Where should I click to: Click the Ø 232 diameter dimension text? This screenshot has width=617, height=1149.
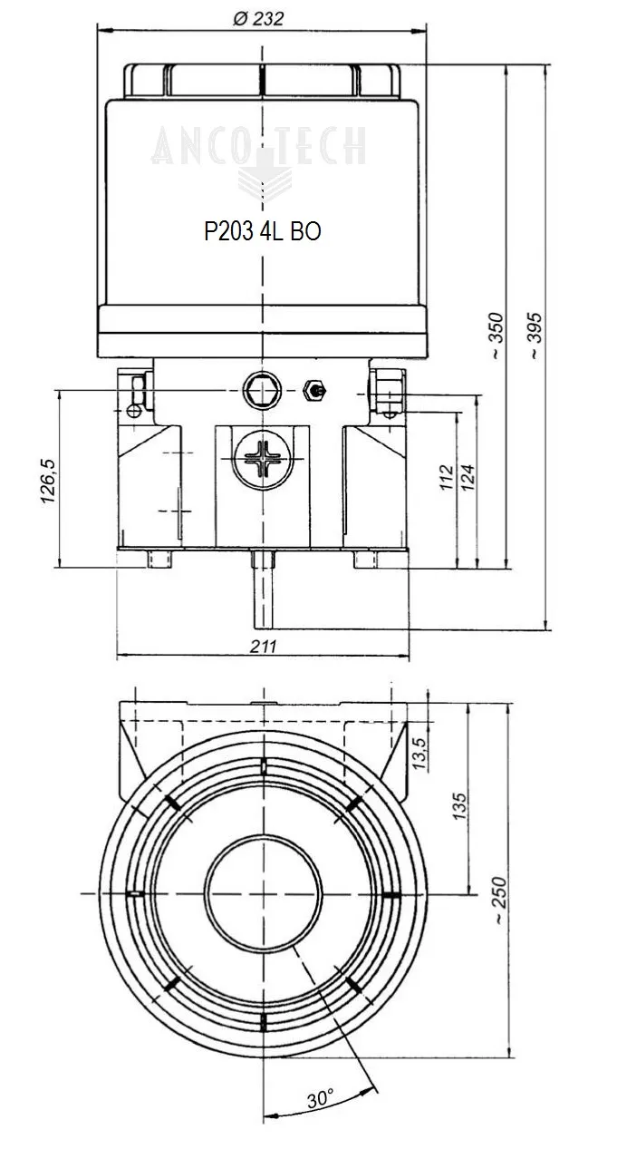(x=258, y=19)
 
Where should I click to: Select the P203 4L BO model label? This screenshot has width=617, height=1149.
(x=262, y=231)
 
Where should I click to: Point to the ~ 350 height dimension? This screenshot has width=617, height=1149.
(x=495, y=336)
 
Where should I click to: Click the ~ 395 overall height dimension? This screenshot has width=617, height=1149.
(x=535, y=336)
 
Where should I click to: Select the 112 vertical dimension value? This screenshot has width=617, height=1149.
(x=445, y=477)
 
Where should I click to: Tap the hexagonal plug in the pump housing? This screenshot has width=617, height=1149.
(x=259, y=391)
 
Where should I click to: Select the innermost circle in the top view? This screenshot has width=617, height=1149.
(x=262, y=893)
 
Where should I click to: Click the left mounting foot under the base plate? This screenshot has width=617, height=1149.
(x=159, y=560)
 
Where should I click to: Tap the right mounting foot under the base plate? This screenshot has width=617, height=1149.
(x=367, y=560)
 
